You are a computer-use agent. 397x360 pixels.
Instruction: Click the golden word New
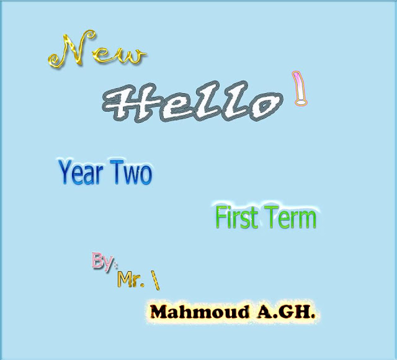[97, 50]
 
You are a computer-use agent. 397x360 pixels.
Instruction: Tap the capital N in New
[72, 50]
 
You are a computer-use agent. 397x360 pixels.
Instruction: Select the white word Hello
[192, 102]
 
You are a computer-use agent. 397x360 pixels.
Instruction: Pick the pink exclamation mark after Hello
[300, 88]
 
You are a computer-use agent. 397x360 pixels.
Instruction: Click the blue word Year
[81, 173]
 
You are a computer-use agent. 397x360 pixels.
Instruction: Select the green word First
[237, 217]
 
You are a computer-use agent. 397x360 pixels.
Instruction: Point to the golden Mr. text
[131, 279]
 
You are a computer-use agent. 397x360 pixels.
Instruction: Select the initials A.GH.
[286, 312]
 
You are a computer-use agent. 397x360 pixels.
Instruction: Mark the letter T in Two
[117, 172]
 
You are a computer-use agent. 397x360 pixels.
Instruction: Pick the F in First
[221, 217]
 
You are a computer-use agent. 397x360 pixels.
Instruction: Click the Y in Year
[65, 172]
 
